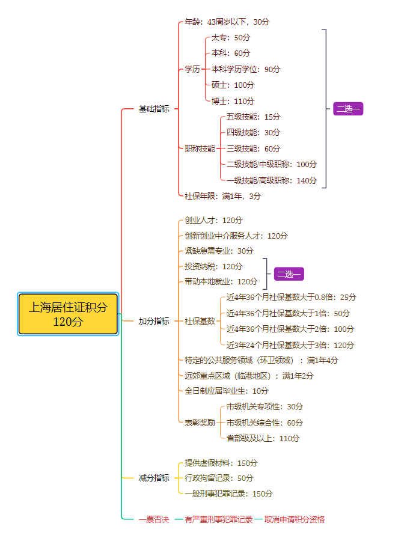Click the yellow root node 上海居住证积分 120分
coord(68,314)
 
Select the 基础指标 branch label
coord(154,109)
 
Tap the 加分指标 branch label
coord(154,321)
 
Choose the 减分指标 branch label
coord(154,478)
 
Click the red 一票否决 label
coord(154,519)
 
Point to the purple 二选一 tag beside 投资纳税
coord(289,274)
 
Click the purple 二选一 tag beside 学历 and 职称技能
coord(349,109)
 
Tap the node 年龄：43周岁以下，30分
coord(227,22)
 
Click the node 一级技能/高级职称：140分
coord(272,180)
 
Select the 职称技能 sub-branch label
coord(200,148)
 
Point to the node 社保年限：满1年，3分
coord(223,196)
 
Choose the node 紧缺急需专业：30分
coord(219,251)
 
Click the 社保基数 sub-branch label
coord(200,321)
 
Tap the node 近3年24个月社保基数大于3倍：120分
coord(290,345)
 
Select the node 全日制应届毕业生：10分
coord(227,391)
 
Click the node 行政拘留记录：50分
coord(219,478)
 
